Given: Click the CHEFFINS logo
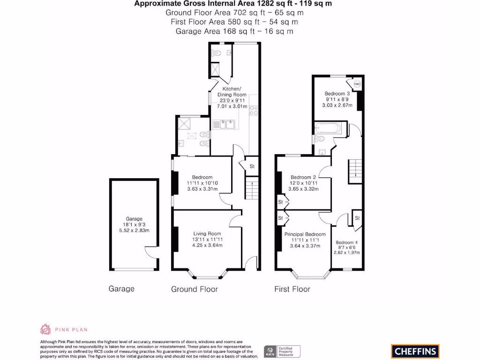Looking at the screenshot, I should click(x=415, y=351).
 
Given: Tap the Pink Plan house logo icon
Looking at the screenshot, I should click(x=45, y=329).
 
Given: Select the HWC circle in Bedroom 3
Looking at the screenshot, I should click(x=357, y=84).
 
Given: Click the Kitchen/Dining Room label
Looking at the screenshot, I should click(x=232, y=91).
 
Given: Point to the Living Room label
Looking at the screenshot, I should click(x=208, y=233).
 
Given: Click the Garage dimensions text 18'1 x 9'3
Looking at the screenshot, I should click(x=134, y=225).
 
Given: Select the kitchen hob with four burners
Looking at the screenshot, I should click(x=254, y=111).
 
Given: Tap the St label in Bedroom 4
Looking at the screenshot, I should click(x=357, y=218).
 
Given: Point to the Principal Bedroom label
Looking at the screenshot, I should click(x=305, y=234).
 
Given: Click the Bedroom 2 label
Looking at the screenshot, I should click(x=303, y=177).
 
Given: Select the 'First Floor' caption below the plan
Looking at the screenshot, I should click(x=292, y=289).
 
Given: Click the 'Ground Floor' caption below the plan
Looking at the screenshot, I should click(x=194, y=289).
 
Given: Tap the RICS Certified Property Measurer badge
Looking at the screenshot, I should click(x=282, y=351).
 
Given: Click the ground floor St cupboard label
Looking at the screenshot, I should click(x=252, y=166).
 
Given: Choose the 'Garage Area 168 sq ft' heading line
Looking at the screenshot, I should click(x=234, y=31).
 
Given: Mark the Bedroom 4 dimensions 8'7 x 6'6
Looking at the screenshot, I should click(x=347, y=247).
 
